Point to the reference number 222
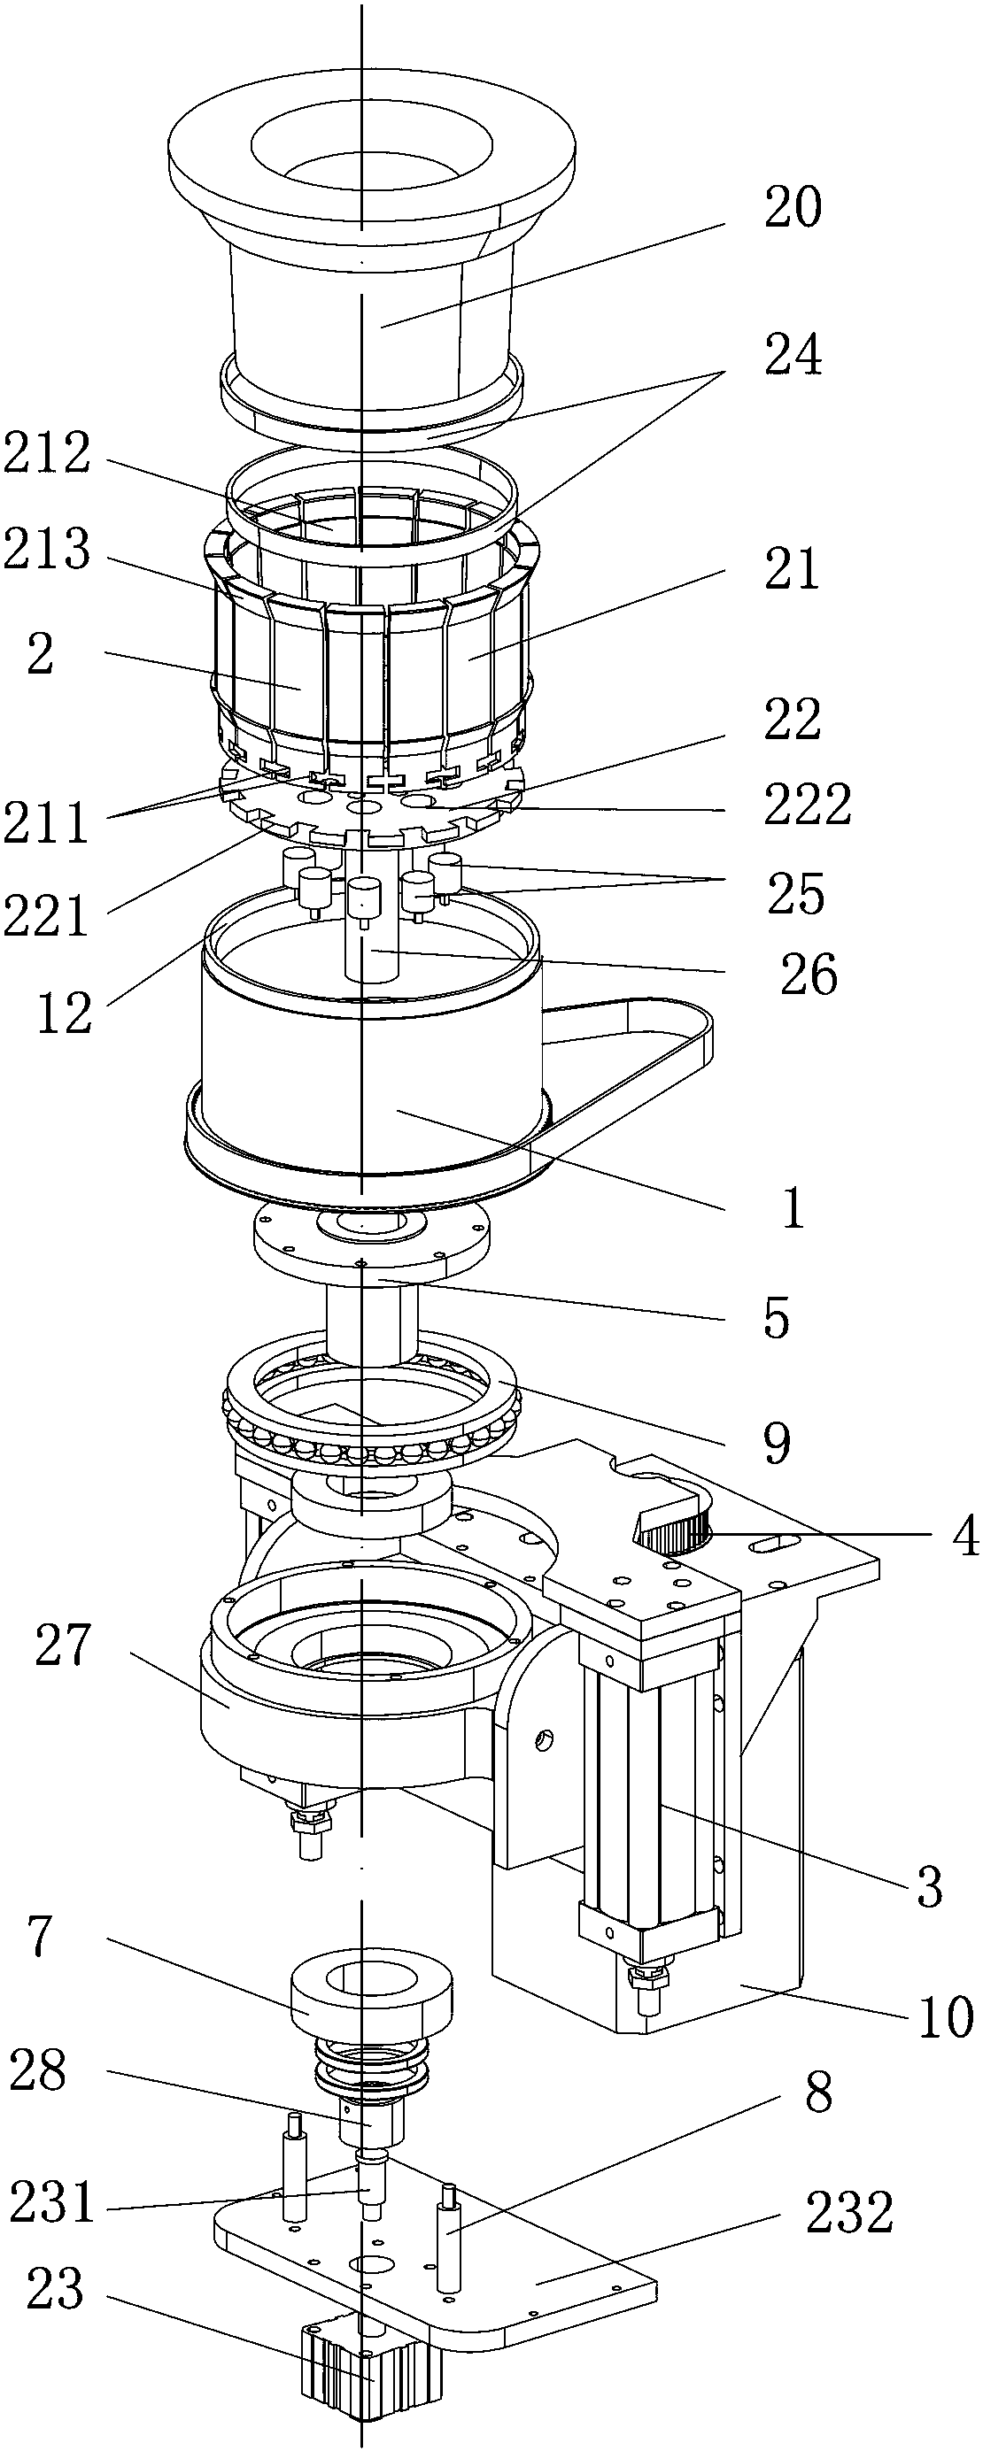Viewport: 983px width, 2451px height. tap(807, 805)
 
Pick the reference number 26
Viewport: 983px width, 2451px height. tap(808, 975)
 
